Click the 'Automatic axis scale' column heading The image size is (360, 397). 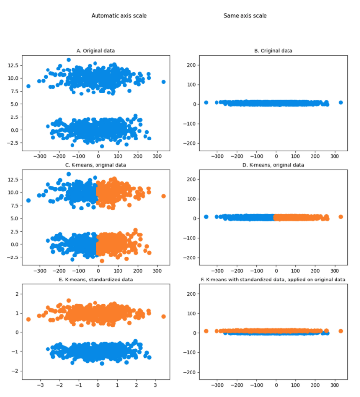(x=119, y=16)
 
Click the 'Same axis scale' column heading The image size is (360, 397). (x=245, y=16)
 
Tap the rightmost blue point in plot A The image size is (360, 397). (x=163, y=82)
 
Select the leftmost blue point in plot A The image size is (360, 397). (x=28, y=86)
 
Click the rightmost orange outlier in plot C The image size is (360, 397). (x=163, y=196)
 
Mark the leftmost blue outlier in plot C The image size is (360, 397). (x=28, y=200)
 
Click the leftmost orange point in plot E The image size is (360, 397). (x=28, y=319)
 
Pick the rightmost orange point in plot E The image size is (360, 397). (x=163, y=316)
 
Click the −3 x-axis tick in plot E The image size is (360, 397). (x=41, y=385)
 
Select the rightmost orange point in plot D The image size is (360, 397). (x=340, y=217)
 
